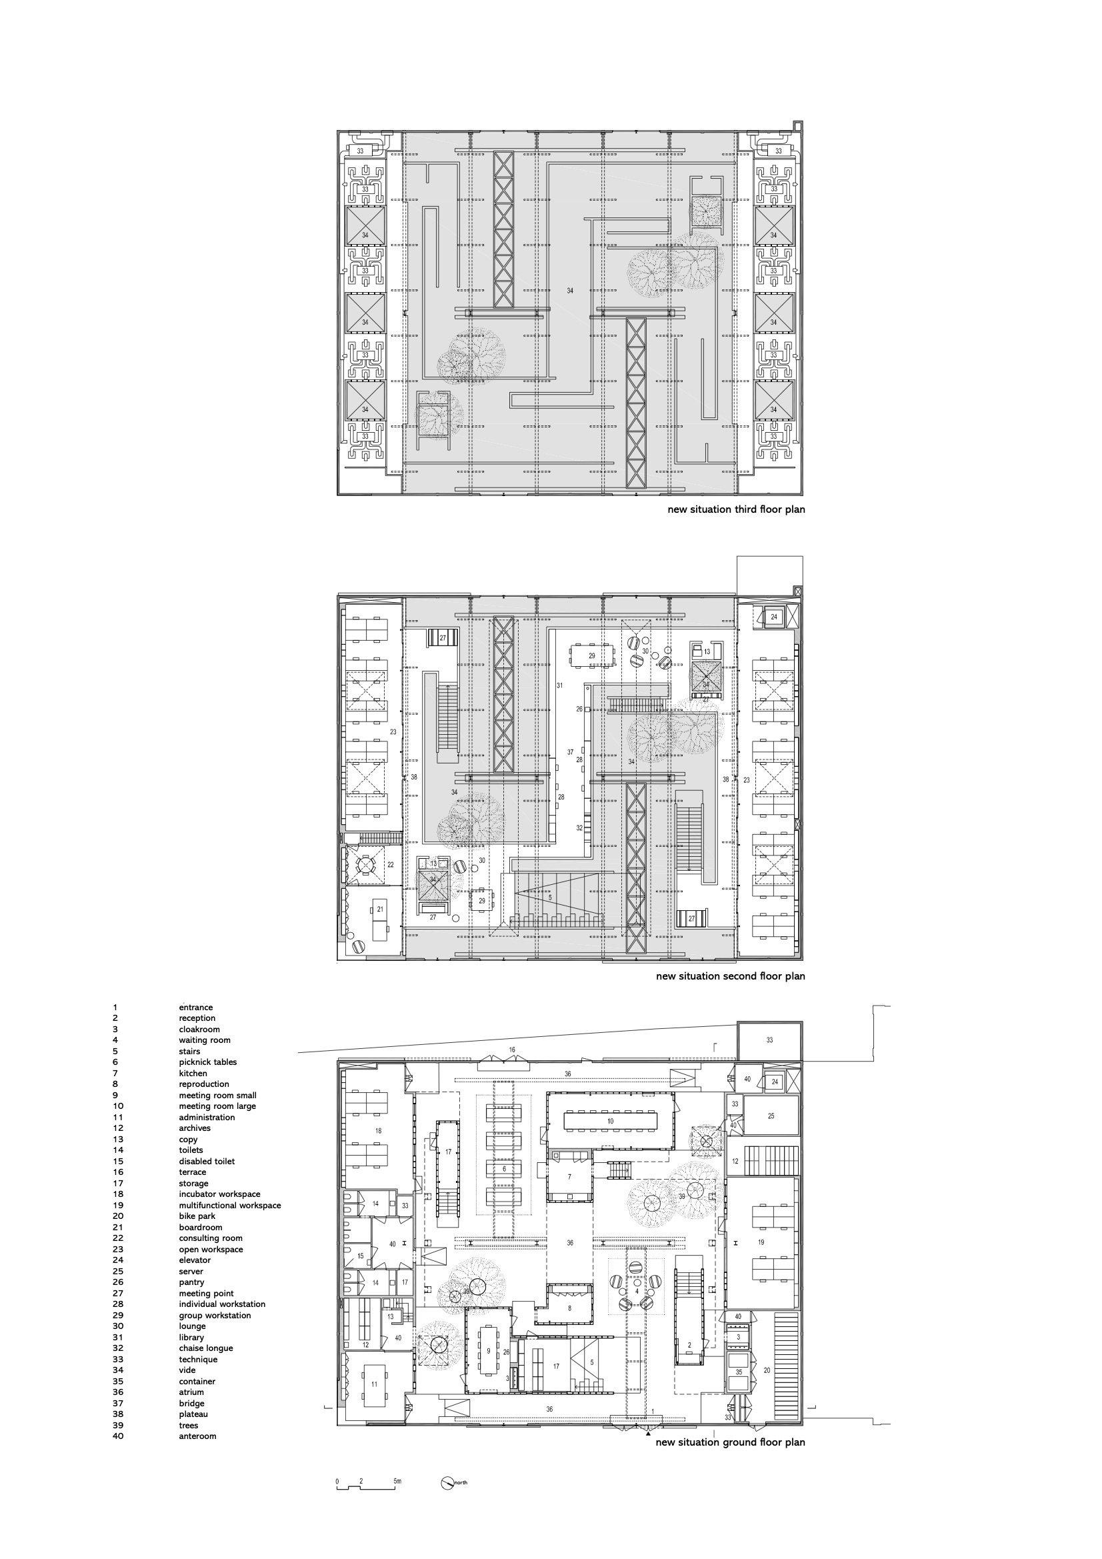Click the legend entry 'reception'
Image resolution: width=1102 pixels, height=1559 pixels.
[197, 1018]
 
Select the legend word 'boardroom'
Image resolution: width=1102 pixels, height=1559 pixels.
[200, 1227]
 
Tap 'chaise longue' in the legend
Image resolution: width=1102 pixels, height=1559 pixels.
[206, 1348]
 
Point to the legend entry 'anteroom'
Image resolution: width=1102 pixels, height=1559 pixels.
[197, 1436]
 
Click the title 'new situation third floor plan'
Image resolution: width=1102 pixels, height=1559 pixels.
[736, 509]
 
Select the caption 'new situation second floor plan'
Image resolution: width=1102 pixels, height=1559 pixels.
[730, 976]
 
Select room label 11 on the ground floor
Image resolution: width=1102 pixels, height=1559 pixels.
[374, 1378]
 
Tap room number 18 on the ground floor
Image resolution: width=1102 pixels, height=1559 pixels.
[379, 1130]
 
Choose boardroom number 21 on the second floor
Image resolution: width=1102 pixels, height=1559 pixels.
[380, 908]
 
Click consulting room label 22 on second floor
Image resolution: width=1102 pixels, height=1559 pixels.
[391, 864]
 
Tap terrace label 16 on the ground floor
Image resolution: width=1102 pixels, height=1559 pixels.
[512, 1050]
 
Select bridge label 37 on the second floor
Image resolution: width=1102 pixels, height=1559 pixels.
[571, 752]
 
